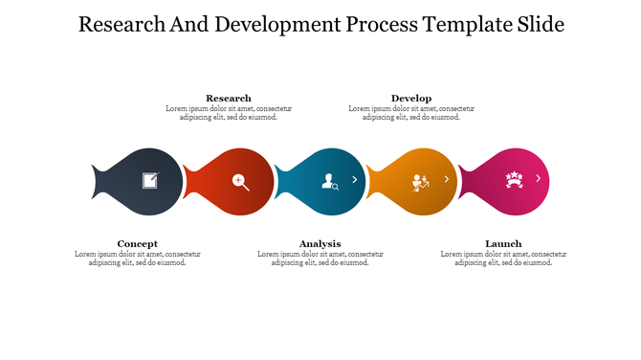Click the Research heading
point(229,98)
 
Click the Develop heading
point(411,98)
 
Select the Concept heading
point(138,243)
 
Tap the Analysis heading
point(320,243)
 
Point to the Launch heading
point(503,243)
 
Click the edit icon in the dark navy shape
point(150,179)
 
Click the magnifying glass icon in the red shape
point(240,181)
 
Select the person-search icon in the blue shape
point(329,180)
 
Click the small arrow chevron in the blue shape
point(354,179)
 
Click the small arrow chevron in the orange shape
point(446,179)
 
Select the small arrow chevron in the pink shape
point(538,179)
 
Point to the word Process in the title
point(368,24)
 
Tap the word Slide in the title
point(538,24)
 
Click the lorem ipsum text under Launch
point(503,258)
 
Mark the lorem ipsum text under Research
point(229,113)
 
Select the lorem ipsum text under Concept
point(138,258)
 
